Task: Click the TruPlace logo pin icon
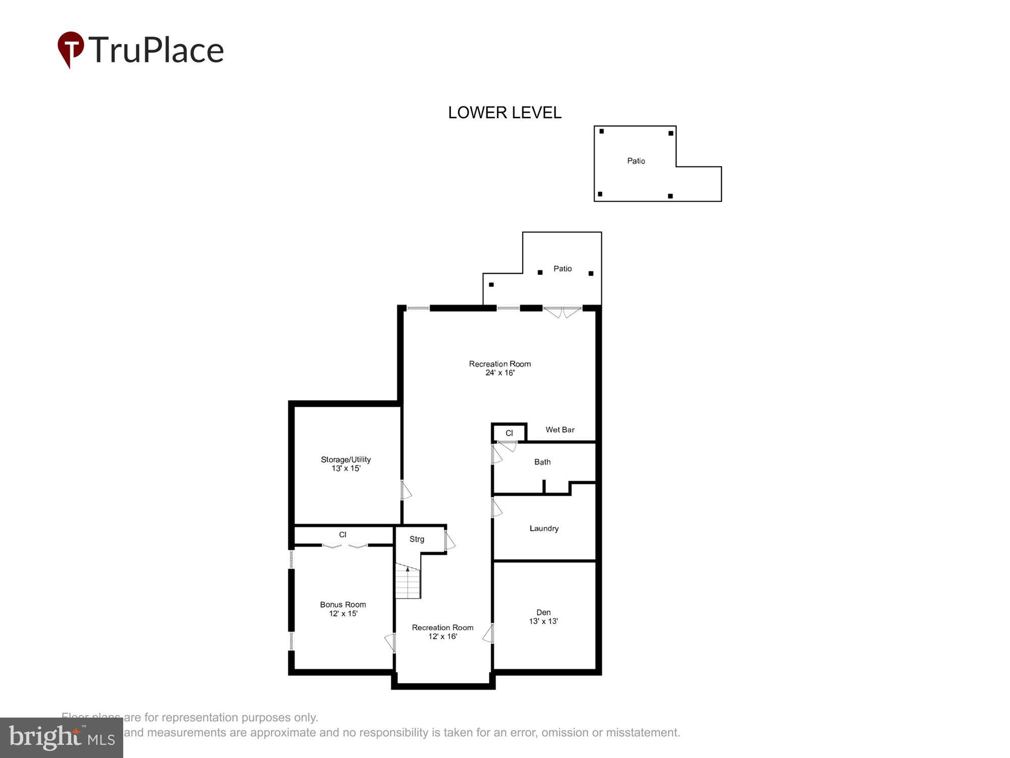click(x=71, y=49)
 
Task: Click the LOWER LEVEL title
click(x=504, y=113)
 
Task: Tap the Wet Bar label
click(x=560, y=430)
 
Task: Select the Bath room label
click(x=542, y=462)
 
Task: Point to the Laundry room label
click(x=544, y=529)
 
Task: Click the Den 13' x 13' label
click(x=543, y=617)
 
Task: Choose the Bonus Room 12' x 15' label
click(x=343, y=609)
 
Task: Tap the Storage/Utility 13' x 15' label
click(x=346, y=464)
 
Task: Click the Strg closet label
click(x=417, y=539)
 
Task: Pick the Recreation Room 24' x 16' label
click(x=500, y=368)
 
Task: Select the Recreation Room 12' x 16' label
click(x=442, y=632)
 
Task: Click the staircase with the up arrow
click(x=408, y=582)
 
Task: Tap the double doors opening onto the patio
click(x=563, y=312)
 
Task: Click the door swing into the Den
click(x=488, y=634)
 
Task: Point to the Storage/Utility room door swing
click(x=406, y=490)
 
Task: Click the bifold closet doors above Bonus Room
click(x=345, y=546)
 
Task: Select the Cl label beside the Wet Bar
click(x=509, y=433)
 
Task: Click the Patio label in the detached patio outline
click(x=636, y=161)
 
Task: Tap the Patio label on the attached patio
click(x=563, y=269)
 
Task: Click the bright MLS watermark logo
click(x=62, y=737)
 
